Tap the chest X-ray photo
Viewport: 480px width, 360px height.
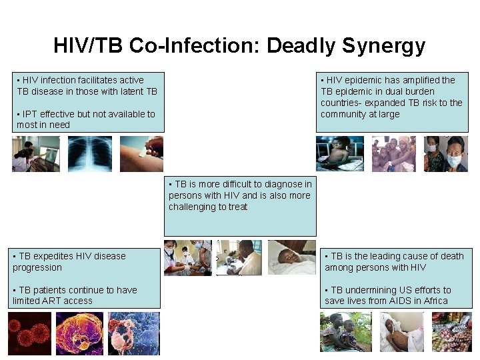pos(89,154)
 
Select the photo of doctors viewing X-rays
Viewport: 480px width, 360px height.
pos(36,154)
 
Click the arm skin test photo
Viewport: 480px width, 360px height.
pos(141,154)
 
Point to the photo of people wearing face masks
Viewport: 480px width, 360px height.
pos(446,154)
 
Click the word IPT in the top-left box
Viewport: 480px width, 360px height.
pos(31,114)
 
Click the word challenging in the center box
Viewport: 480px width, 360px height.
pos(194,207)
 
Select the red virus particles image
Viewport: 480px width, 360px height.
pos(29,333)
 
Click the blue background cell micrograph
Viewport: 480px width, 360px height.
pos(134,333)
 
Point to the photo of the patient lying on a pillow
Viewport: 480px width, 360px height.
pos(292,258)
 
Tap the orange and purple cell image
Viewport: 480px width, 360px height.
pos(79,333)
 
